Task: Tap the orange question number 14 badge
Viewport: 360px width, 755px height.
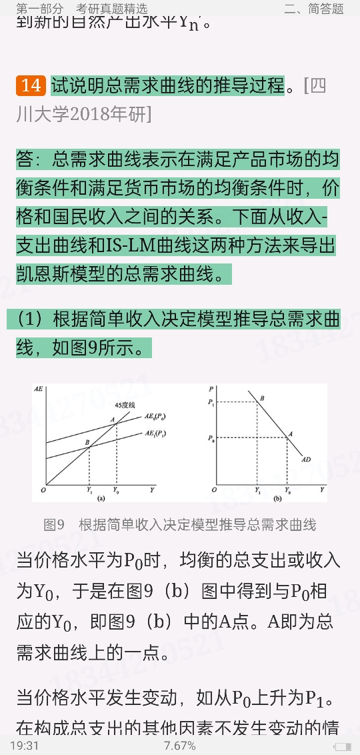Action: click(31, 86)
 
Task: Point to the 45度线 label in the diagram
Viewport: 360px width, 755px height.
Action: click(125, 405)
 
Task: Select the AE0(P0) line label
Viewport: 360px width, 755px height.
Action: click(155, 416)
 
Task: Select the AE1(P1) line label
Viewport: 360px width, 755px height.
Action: click(155, 434)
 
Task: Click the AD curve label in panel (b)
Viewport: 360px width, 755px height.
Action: click(307, 460)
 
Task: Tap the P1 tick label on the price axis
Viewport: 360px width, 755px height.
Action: click(211, 402)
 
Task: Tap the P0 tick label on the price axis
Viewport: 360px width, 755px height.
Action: click(211, 438)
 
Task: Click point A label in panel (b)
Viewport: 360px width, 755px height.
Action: click(290, 434)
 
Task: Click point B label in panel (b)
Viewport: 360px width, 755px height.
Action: click(262, 399)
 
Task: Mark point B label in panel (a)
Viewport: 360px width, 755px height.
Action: click(87, 442)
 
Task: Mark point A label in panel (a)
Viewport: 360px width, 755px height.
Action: click(113, 419)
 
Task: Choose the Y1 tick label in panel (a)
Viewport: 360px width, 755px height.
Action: click(90, 490)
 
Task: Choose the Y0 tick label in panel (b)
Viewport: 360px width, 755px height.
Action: click(288, 490)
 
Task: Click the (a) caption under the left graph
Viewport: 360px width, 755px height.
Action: click(101, 498)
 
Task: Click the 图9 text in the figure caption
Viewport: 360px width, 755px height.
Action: click(53, 525)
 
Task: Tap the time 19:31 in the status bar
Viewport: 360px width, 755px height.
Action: click(24, 745)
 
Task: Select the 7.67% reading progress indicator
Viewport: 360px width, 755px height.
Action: click(179, 745)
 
